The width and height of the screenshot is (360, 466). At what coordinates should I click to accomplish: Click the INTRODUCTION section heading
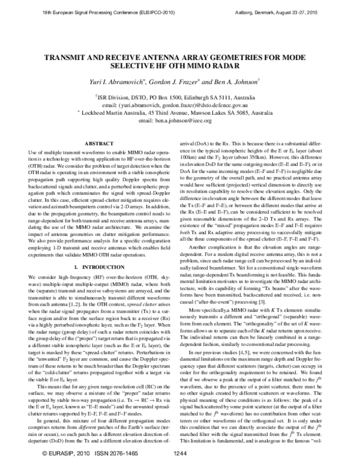pyautogui.click(x=99, y=249)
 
